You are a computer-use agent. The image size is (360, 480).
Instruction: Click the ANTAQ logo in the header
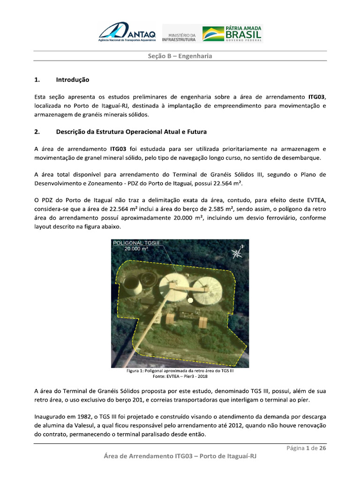click(x=129, y=33)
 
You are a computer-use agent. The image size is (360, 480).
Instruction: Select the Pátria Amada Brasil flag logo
click(x=232, y=34)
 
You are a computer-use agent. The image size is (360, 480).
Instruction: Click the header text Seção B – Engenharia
click(x=180, y=56)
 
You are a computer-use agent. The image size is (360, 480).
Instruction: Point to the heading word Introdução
click(x=72, y=80)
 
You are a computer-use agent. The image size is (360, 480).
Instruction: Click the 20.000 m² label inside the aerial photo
click(x=136, y=249)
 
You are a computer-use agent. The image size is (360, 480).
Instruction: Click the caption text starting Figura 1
click(x=180, y=371)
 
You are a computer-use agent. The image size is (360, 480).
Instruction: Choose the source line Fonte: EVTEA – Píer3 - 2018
click(x=180, y=376)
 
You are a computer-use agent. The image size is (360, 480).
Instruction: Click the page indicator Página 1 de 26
click(x=306, y=448)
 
